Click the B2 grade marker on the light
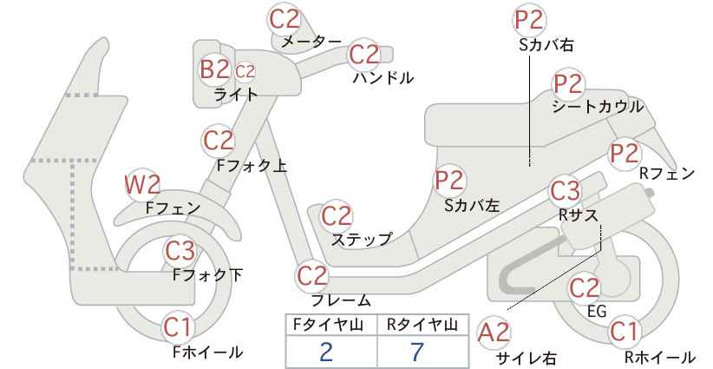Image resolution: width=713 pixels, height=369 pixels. click(x=214, y=69)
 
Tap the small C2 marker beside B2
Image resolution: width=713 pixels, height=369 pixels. click(x=245, y=72)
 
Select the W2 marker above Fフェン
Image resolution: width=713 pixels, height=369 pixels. click(x=142, y=184)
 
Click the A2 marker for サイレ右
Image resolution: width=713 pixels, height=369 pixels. click(x=494, y=333)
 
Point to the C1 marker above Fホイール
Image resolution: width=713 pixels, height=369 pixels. click(x=179, y=327)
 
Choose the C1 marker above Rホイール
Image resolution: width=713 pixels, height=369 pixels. click(x=624, y=332)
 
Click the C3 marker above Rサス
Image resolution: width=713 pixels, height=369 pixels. click(x=565, y=191)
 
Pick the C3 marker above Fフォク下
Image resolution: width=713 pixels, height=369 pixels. click(x=180, y=250)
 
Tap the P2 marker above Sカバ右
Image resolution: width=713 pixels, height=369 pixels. click(x=530, y=20)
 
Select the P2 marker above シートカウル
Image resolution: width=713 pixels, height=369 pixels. click(x=568, y=84)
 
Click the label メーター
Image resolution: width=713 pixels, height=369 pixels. click(x=311, y=42)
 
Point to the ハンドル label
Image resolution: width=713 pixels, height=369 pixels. click(x=383, y=78)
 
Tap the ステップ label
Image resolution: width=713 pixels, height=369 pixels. click(x=362, y=240)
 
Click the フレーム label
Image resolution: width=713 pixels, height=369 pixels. click(x=341, y=300)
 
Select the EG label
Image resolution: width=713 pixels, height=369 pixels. click(x=597, y=311)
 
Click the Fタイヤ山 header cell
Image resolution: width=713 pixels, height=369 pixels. click(x=331, y=325)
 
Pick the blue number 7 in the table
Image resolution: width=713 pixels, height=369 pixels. click(x=416, y=352)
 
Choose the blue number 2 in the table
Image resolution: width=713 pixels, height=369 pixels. click(x=326, y=352)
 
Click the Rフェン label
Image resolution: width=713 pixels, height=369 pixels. click(x=667, y=174)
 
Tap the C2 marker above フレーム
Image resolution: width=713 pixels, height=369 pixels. click(x=312, y=276)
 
